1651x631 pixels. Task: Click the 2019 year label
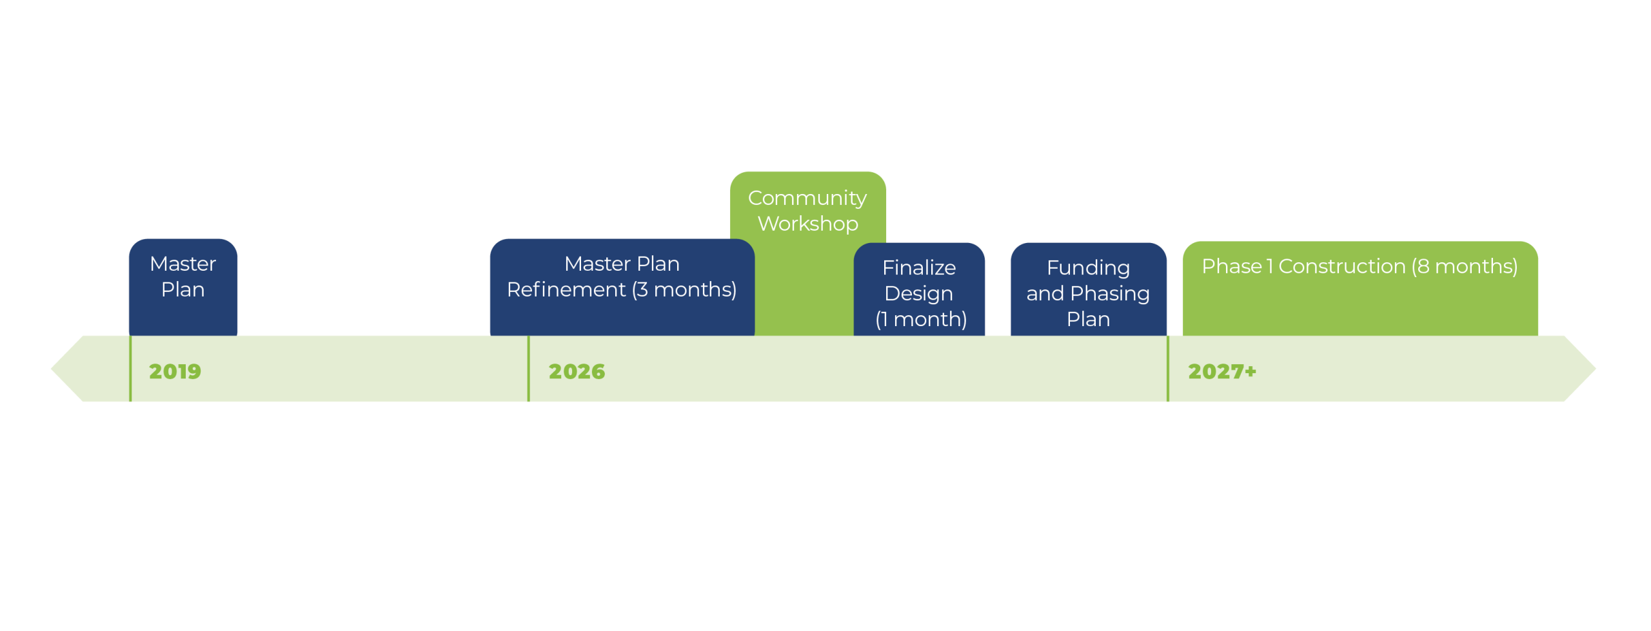175,371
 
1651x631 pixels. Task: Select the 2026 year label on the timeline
577,371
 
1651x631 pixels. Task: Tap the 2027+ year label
1222,371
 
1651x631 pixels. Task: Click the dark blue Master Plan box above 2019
183,287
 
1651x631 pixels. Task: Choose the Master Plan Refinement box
622,287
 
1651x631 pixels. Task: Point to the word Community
807,199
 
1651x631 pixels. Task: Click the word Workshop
808,224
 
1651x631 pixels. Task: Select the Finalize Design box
919,289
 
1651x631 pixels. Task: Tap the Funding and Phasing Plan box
1089,289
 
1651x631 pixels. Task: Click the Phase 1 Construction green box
1360,289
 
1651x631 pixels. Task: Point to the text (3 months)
684,290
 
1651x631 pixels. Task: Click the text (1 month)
921,319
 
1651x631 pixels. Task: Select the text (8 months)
1465,266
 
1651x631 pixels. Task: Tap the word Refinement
566,289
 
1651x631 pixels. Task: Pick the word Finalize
919,267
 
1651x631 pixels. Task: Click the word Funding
1089,268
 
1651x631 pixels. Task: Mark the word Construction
1342,266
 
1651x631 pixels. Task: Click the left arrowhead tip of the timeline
52,369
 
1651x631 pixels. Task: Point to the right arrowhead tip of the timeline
1596,369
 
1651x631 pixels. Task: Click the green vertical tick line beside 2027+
1168,369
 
